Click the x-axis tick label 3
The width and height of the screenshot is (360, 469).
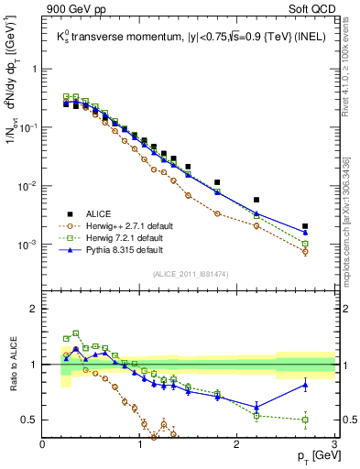(x=334, y=445)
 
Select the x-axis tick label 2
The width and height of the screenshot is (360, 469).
(x=237, y=445)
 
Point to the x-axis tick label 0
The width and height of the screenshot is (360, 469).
(x=43, y=445)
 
